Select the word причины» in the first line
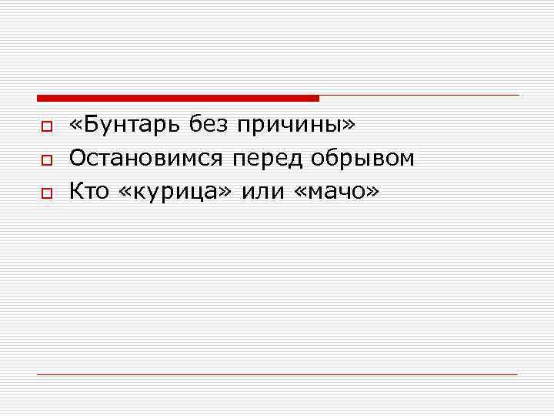tap(297, 126)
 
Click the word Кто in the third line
tap(90, 191)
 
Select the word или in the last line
tap(263, 191)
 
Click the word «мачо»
tap(336, 192)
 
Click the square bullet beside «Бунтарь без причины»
tap(46, 126)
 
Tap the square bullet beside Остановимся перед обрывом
tap(46, 159)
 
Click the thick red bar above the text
tap(177, 98)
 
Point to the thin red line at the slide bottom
tap(277, 374)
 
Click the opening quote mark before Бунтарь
tap(75, 126)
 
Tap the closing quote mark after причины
tap(350, 126)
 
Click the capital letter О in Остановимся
tap(77, 159)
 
